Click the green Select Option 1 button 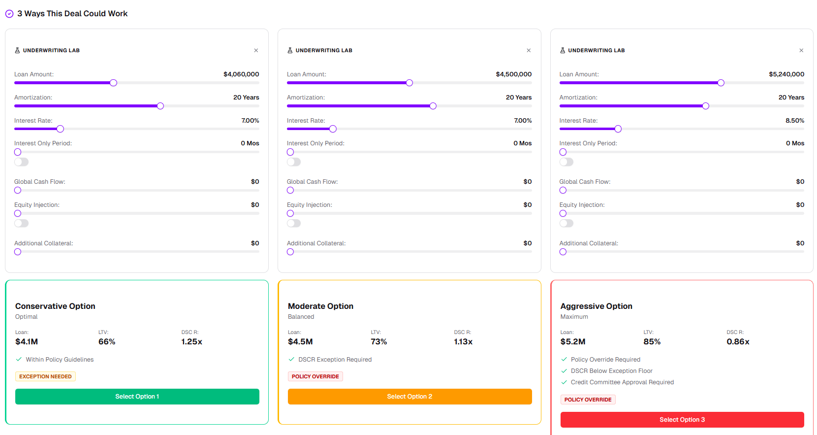(x=137, y=396)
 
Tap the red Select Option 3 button (x=682, y=420)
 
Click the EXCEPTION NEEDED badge (x=45, y=376)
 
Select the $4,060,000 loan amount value (x=241, y=74)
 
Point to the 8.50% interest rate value (x=795, y=120)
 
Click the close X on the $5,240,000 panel (x=801, y=50)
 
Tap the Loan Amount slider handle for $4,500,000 (x=409, y=83)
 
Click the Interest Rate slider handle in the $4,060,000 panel (x=60, y=129)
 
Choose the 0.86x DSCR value (x=738, y=341)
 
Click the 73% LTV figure (x=378, y=341)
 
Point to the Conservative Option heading (x=55, y=306)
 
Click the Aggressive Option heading (x=597, y=306)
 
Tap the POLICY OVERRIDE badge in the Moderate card (x=315, y=376)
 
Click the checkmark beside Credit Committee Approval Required (x=564, y=382)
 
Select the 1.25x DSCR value (x=191, y=341)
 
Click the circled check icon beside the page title (x=9, y=14)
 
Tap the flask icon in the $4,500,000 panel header (x=290, y=50)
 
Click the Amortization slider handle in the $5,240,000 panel (x=706, y=106)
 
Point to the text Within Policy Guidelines (x=60, y=360)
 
